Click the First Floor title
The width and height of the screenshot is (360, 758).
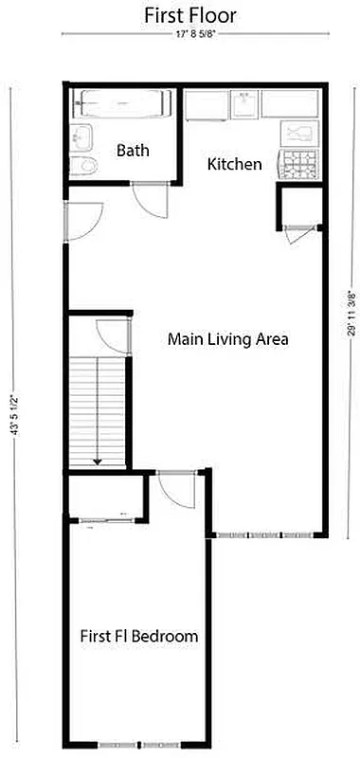coord(190,15)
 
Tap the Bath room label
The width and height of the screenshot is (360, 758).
coord(133,151)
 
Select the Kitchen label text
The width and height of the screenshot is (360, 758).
coord(234,164)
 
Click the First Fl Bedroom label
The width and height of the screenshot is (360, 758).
coord(139,636)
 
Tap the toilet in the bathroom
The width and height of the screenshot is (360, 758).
coord(85,167)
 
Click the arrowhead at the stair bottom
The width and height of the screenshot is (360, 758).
coord(97,460)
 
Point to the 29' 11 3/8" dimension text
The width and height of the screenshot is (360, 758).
coord(351,313)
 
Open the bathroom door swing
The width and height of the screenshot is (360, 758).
coord(149,197)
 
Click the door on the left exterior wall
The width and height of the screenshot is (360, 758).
coord(80,222)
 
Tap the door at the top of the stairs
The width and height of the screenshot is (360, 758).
coord(112,337)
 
